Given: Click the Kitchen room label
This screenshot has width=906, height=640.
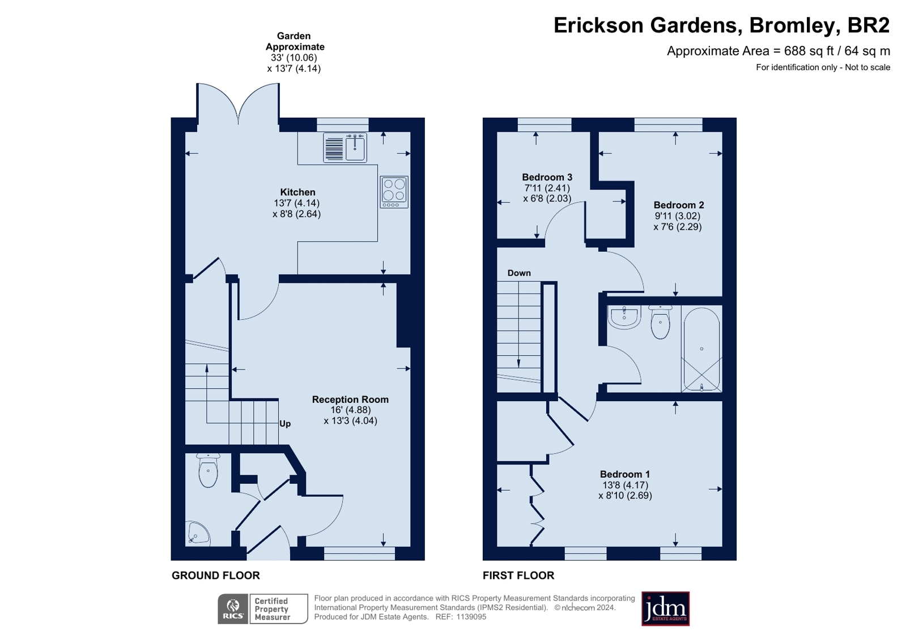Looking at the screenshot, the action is [297, 192].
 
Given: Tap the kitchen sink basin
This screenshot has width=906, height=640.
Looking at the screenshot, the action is [355, 148].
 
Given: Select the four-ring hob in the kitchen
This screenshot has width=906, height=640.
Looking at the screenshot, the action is [394, 192].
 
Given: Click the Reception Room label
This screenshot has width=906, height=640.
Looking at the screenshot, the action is [350, 400].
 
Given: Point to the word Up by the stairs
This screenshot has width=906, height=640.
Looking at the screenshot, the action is [285, 424].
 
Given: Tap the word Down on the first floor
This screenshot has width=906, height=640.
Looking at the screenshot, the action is [519, 273].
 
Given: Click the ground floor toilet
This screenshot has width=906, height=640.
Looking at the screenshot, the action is [209, 470].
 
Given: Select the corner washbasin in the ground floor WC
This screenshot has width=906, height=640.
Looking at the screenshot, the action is [198, 533].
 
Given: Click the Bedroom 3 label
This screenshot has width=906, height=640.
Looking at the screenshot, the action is [547, 177].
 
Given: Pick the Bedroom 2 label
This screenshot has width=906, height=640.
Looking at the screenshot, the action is [679, 205].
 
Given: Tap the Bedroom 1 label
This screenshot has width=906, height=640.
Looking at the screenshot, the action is [625, 474].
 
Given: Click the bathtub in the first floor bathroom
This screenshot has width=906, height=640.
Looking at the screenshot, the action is [702, 350].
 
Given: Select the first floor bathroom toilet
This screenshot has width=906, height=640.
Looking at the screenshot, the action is [661, 321].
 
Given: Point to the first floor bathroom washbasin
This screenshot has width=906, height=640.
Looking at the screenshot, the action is [624, 317].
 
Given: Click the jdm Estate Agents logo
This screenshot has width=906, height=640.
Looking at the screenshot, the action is [665, 609].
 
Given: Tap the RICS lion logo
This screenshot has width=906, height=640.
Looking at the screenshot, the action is [233, 609].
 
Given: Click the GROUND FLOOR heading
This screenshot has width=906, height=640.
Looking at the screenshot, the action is [215, 575].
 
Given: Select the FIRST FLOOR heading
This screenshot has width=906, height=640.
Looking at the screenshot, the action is [518, 575].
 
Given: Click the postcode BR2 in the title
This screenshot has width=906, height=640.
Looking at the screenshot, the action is [869, 25].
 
